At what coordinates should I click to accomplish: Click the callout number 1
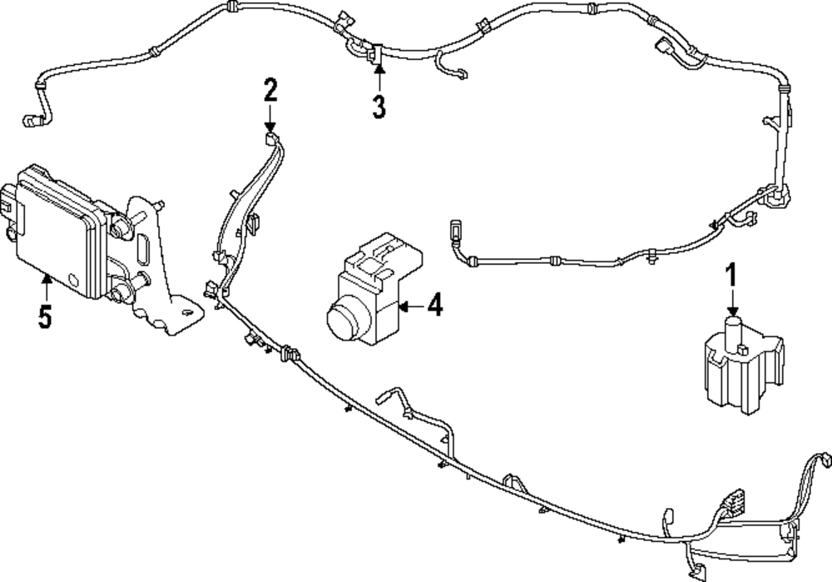tap(732, 274)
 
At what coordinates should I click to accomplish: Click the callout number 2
tap(270, 88)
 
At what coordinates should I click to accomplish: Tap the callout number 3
tap(379, 107)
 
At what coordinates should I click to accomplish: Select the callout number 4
tap(433, 306)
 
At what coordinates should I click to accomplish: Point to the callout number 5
tap(45, 316)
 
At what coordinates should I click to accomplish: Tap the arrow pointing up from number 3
tap(379, 79)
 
